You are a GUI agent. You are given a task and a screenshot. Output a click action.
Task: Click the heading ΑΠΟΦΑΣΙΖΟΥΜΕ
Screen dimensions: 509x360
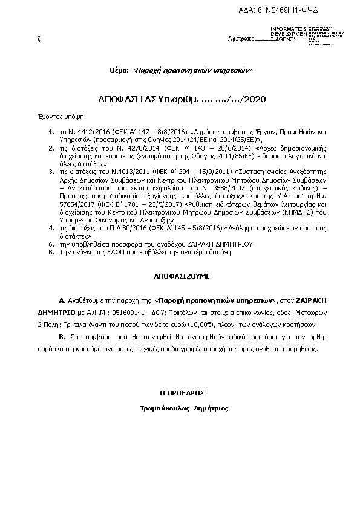click(181, 275)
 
